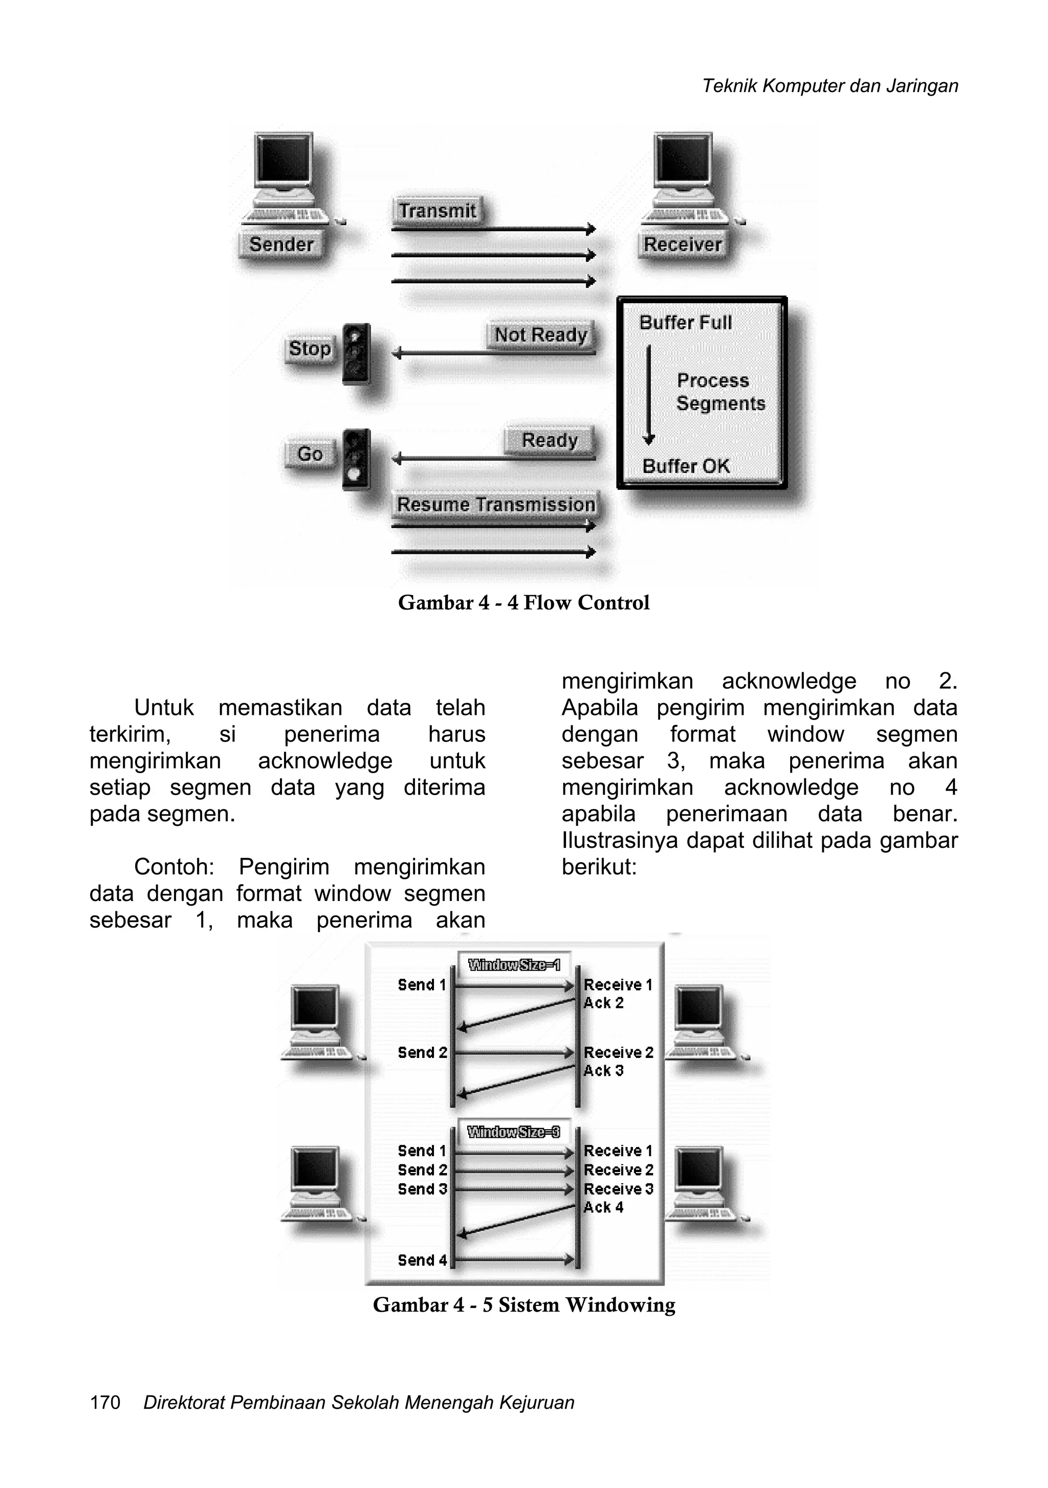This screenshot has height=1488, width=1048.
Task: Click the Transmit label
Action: click(x=437, y=211)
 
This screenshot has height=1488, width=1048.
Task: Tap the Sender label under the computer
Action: click(x=281, y=244)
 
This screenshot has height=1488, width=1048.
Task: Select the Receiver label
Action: click(x=682, y=244)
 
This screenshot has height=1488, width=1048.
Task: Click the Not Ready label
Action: click(x=540, y=335)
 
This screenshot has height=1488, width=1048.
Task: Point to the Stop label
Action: click(x=310, y=349)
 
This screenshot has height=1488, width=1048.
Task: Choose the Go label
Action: click(x=310, y=454)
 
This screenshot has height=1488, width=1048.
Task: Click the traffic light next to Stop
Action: click(x=356, y=353)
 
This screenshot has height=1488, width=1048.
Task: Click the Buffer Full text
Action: click(x=686, y=323)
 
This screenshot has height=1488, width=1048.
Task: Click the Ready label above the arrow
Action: click(x=549, y=440)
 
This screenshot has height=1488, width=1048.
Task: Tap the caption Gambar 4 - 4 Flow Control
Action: click(x=523, y=603)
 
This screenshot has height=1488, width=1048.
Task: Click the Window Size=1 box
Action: click(x=514, y=965)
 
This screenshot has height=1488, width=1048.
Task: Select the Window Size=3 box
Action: click(x=514, y=1132)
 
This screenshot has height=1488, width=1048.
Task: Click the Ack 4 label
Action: click(x=603, y=1207)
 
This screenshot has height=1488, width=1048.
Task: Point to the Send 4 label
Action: click(x=422, y=1260)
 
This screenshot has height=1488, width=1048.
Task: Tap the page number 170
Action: click(x=105, y=1403)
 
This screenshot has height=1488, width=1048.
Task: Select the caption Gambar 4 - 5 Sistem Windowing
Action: click(x=524, y=1304)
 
